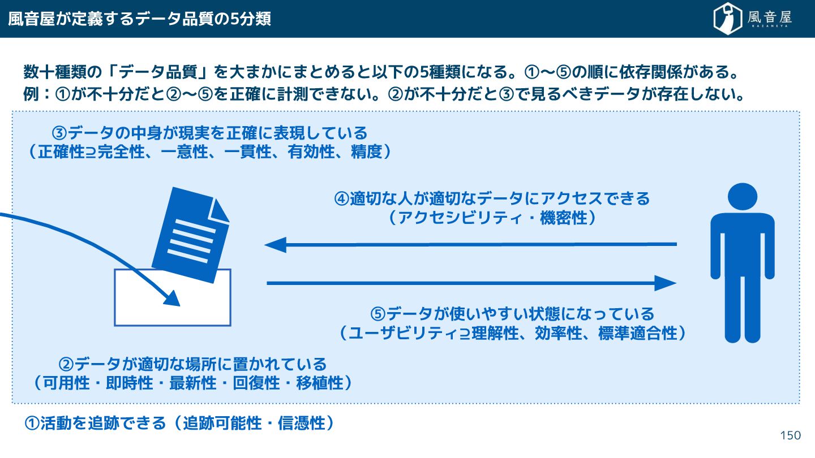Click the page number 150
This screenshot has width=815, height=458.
click(790, 435)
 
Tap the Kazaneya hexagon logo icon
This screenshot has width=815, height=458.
click(727, 18)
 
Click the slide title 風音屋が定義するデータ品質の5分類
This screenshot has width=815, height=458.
click(139, 19)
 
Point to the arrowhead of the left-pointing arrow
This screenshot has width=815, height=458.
click(275, 245)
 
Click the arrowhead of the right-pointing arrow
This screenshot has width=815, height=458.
click(666, 283)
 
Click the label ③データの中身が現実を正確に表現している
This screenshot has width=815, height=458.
click(209, 133)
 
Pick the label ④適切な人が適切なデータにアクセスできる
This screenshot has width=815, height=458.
click(492, 199)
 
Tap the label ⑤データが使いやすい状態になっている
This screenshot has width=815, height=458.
click(512, 313)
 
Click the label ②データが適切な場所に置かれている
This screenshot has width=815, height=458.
click(192, 363)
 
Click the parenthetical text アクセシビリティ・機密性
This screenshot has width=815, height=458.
click(492, 218)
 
